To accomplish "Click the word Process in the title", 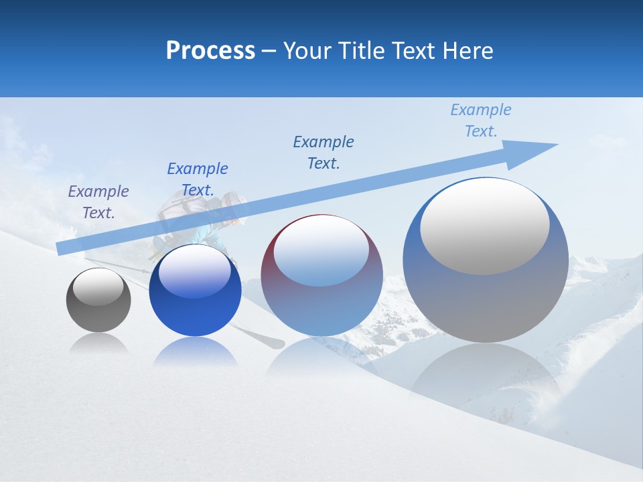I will click(210, 50).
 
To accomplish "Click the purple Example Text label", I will click(98, 202).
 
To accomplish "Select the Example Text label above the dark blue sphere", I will click(198, 179).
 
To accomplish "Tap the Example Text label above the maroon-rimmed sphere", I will click(324, 153).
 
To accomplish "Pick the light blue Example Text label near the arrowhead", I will click(481, 120).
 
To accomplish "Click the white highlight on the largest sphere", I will click(484, 224).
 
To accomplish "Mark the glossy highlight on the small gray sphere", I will click(98, 287).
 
